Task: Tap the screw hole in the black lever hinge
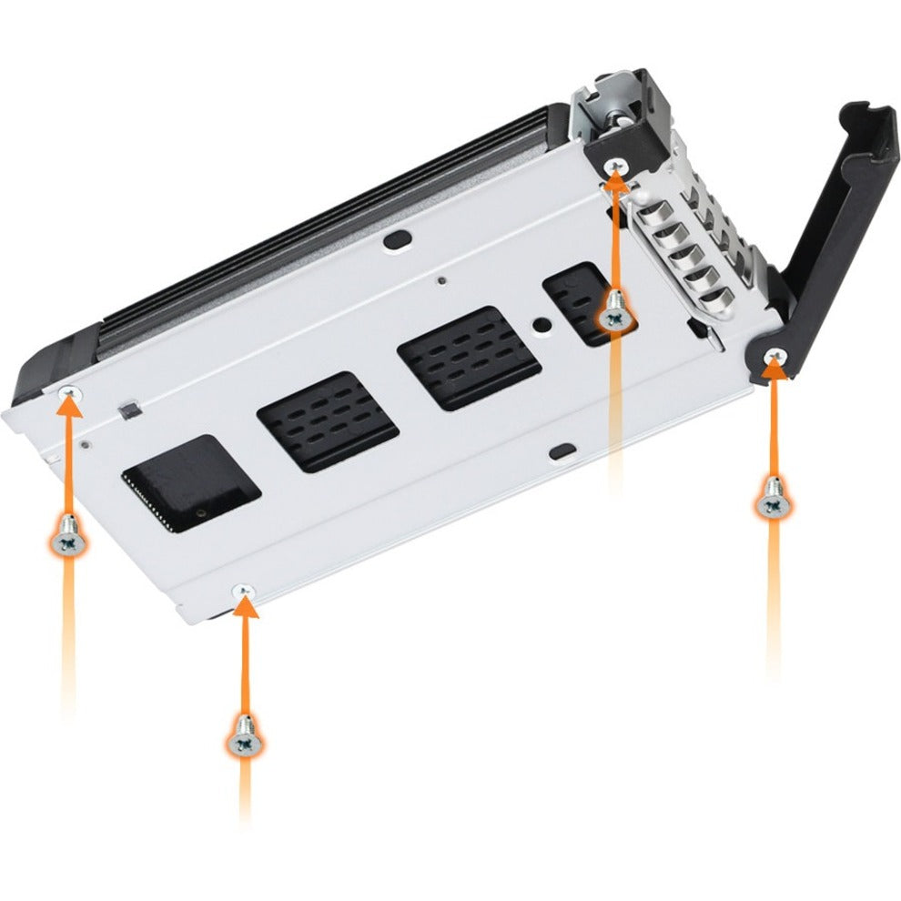tap(774, 353)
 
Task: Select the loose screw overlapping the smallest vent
tap(615, 312)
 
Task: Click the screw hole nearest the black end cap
tap(68, 391)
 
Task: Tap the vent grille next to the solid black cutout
tap(328, 421)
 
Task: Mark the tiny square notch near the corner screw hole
tap(127, 410)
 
